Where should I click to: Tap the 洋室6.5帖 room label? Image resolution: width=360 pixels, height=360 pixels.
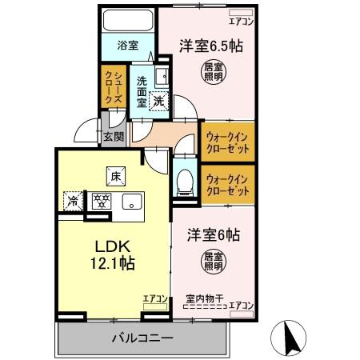pyautogui.click(x=211, y=46)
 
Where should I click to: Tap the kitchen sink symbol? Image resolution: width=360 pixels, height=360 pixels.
pyautogui.click(x=130, y=201)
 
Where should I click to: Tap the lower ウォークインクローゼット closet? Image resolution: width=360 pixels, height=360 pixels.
pyautogui.click(x=226, y=186)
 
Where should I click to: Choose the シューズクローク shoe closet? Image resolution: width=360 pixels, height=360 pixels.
pyautogui.click(x=111, y=87)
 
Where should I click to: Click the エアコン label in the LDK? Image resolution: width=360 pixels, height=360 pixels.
pyautogui.click(x=154, y=299)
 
